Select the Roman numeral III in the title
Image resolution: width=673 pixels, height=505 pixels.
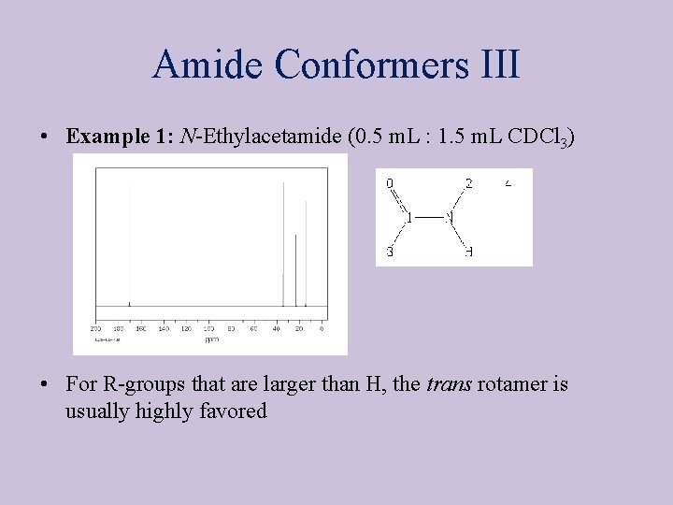pyautogui.click(x=497, y=65)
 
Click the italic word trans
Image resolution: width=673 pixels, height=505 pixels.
pyautogui.click(x=450, y=384)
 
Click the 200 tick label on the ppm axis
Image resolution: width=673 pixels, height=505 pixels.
pyautogui.click(x=95, y=328)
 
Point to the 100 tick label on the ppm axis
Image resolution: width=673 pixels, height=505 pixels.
pyautogui.click(x=208, y=328)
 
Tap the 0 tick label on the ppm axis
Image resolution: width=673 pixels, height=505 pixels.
pyautogui.click(x=322, y=328)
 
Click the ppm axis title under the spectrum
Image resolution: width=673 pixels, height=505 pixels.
pyautogui.click(x=211, y=339)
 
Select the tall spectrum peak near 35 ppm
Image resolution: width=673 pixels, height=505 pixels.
pyautogui.click(x=283, y=243)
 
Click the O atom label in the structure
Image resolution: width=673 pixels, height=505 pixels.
pyautogui.click(x=390, y=183)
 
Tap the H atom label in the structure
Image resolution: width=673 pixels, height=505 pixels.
pyautogui.click(x=468, y=252)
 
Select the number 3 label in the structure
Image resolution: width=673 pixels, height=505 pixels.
pyautogui.click(x=390, y=252)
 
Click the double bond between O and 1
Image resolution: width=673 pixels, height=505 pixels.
pyautogui.click(x=399, y=201)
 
